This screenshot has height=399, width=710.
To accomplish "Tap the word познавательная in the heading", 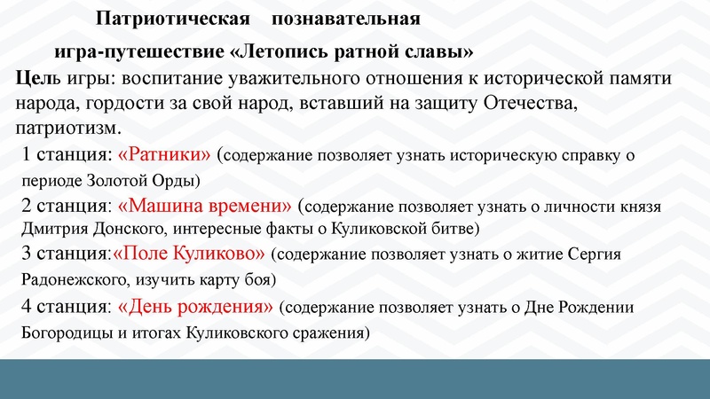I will pyautogui.click(x=346, y=18).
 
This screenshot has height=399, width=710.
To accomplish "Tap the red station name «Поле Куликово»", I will pyautogui.click(x=189, y=254).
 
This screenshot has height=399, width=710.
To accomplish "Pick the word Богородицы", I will pyautogui.click(x=67, y=334).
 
